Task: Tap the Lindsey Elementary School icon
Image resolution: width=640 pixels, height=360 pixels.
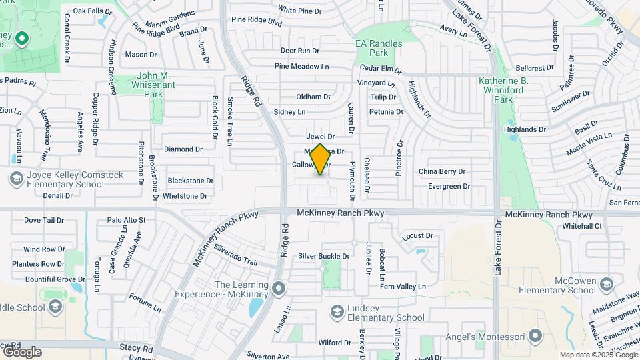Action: click(337, 311)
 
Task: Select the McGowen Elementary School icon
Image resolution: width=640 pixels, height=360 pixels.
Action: click(606, 285)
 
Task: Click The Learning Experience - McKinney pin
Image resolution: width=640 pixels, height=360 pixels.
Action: click(279, 289)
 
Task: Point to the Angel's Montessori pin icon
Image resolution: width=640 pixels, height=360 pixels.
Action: click(535, 335)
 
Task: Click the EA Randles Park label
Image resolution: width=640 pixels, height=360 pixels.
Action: click(379, 48)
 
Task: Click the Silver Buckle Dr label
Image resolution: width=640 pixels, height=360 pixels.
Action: click(324, 256)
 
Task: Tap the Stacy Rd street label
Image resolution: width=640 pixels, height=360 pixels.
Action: click(137, 348)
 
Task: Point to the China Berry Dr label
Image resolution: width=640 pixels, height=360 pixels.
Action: click(441, 171)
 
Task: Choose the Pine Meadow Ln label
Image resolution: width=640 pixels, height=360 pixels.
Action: click(302, 67)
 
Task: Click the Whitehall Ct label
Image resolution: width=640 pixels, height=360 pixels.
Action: click(582, 226)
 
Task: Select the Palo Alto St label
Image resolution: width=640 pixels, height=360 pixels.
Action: click(126, 219)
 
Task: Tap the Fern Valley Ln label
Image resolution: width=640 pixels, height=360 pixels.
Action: click(402, 287)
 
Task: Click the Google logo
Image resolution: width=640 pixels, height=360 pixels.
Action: click(22, 351)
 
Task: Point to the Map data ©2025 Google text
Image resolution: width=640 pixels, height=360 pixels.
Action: click(598, 355)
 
